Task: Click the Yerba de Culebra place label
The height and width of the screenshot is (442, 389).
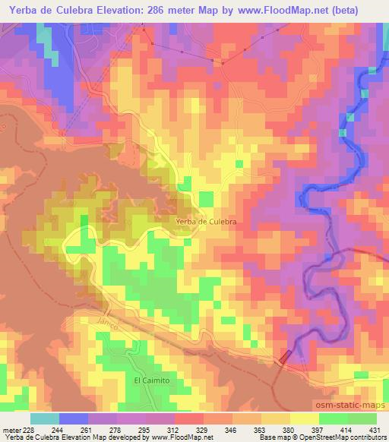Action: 207,221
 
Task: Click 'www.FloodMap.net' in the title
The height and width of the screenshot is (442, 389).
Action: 273,8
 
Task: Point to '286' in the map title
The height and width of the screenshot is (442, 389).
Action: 170,8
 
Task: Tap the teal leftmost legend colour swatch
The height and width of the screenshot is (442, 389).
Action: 44,418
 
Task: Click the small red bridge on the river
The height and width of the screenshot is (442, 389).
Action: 285,355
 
